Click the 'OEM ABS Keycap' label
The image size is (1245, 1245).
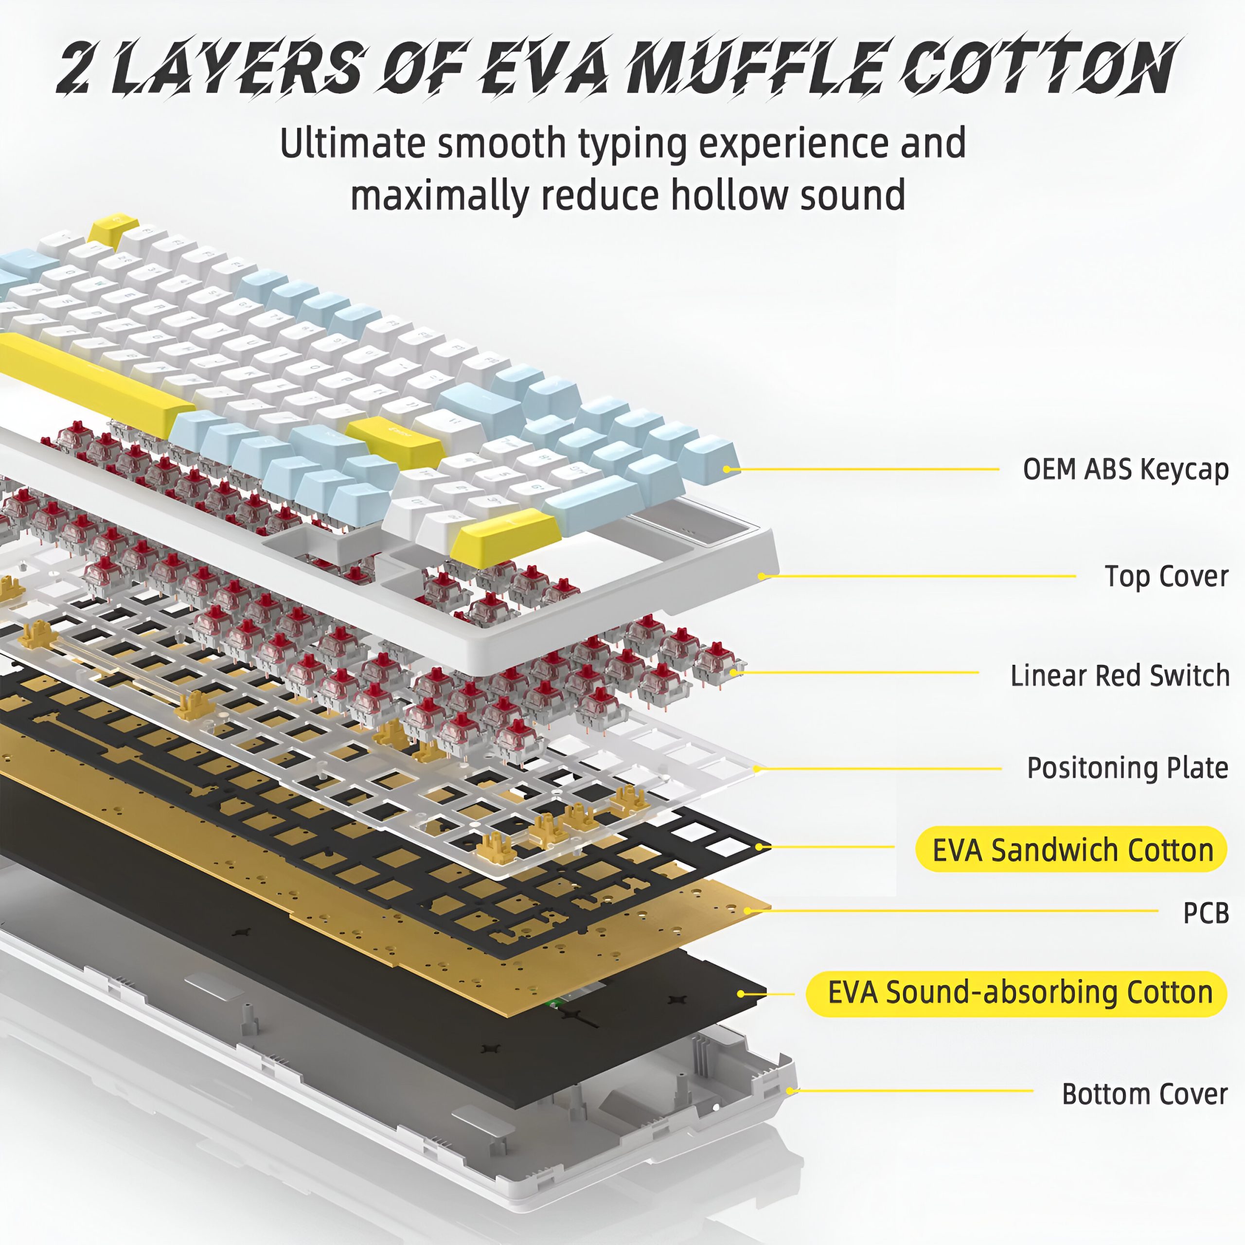click(1125, 469)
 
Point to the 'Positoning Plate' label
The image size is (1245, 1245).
click(1127, 767)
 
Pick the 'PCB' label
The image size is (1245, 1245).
click(1206, 912)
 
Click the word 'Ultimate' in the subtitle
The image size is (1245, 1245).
click(351, 143)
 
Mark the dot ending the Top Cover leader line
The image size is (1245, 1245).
click(762, 575)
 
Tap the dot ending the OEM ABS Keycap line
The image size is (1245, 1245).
click(727, 469)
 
